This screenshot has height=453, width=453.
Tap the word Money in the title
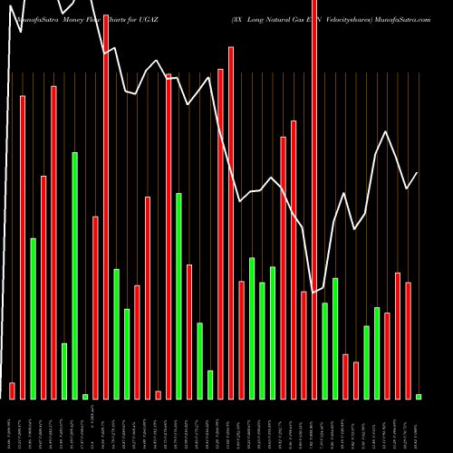[x=65, y=18]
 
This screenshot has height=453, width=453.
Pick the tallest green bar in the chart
[x=75, y=275]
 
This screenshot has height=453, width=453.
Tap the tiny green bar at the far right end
[x=419, y=396]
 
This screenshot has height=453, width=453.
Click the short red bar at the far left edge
[x=13, y=390]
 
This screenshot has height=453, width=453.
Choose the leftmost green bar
[x=34, y=318]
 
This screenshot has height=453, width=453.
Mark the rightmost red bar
[x=409, y=340]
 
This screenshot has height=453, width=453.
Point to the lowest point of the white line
[x=313, y=292]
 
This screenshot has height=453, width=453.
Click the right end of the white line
[x=418, y=172]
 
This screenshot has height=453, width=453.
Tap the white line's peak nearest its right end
[x=387, y=132]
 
